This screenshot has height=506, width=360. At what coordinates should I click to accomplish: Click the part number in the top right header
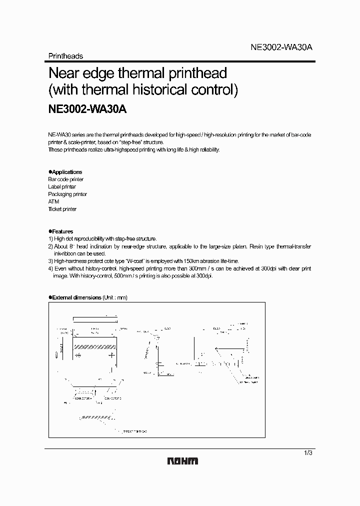click(281, 47)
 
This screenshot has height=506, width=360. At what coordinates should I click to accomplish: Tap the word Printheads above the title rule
click(65, 56)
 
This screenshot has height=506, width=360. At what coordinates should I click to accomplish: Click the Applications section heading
click(66, 172)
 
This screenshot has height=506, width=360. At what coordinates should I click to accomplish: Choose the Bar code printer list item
click(65, 179)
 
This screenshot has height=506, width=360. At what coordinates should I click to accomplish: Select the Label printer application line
click(62, 186)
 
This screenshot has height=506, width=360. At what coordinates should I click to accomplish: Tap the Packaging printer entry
click(67, 194)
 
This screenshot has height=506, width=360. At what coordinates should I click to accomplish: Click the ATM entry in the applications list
click(53, 201)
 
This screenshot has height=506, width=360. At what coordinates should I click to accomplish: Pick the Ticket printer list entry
click(62, 209)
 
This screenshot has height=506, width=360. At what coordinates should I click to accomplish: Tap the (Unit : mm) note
click(115, 297)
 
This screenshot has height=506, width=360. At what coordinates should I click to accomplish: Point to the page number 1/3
click(307, 453)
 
